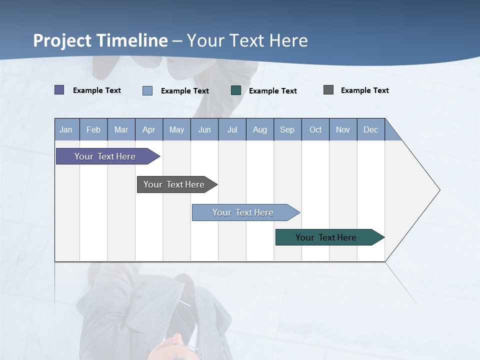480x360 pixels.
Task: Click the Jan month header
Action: coord(66,129)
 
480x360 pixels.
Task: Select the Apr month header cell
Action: coord(149,129)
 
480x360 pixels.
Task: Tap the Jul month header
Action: coord(232,129)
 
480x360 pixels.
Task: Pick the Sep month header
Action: coord(287,129)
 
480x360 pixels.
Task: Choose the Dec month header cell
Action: coord(370,129)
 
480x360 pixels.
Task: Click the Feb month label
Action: coord(93,129)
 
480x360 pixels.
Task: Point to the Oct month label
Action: coord(315,129)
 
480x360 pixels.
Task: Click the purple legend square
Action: coord(59,90)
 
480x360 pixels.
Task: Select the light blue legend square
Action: coord(147,90)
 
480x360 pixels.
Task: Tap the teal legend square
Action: coord(236,90)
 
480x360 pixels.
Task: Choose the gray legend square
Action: coord(328,90)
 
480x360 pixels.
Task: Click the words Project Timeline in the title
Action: coord(100,40)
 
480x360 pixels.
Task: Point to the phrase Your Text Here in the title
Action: coord(247,40)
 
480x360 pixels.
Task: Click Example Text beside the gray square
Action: coord(364,90)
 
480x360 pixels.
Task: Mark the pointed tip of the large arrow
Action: coord(439,190)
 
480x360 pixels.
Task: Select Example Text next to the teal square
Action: coord(272,91)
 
